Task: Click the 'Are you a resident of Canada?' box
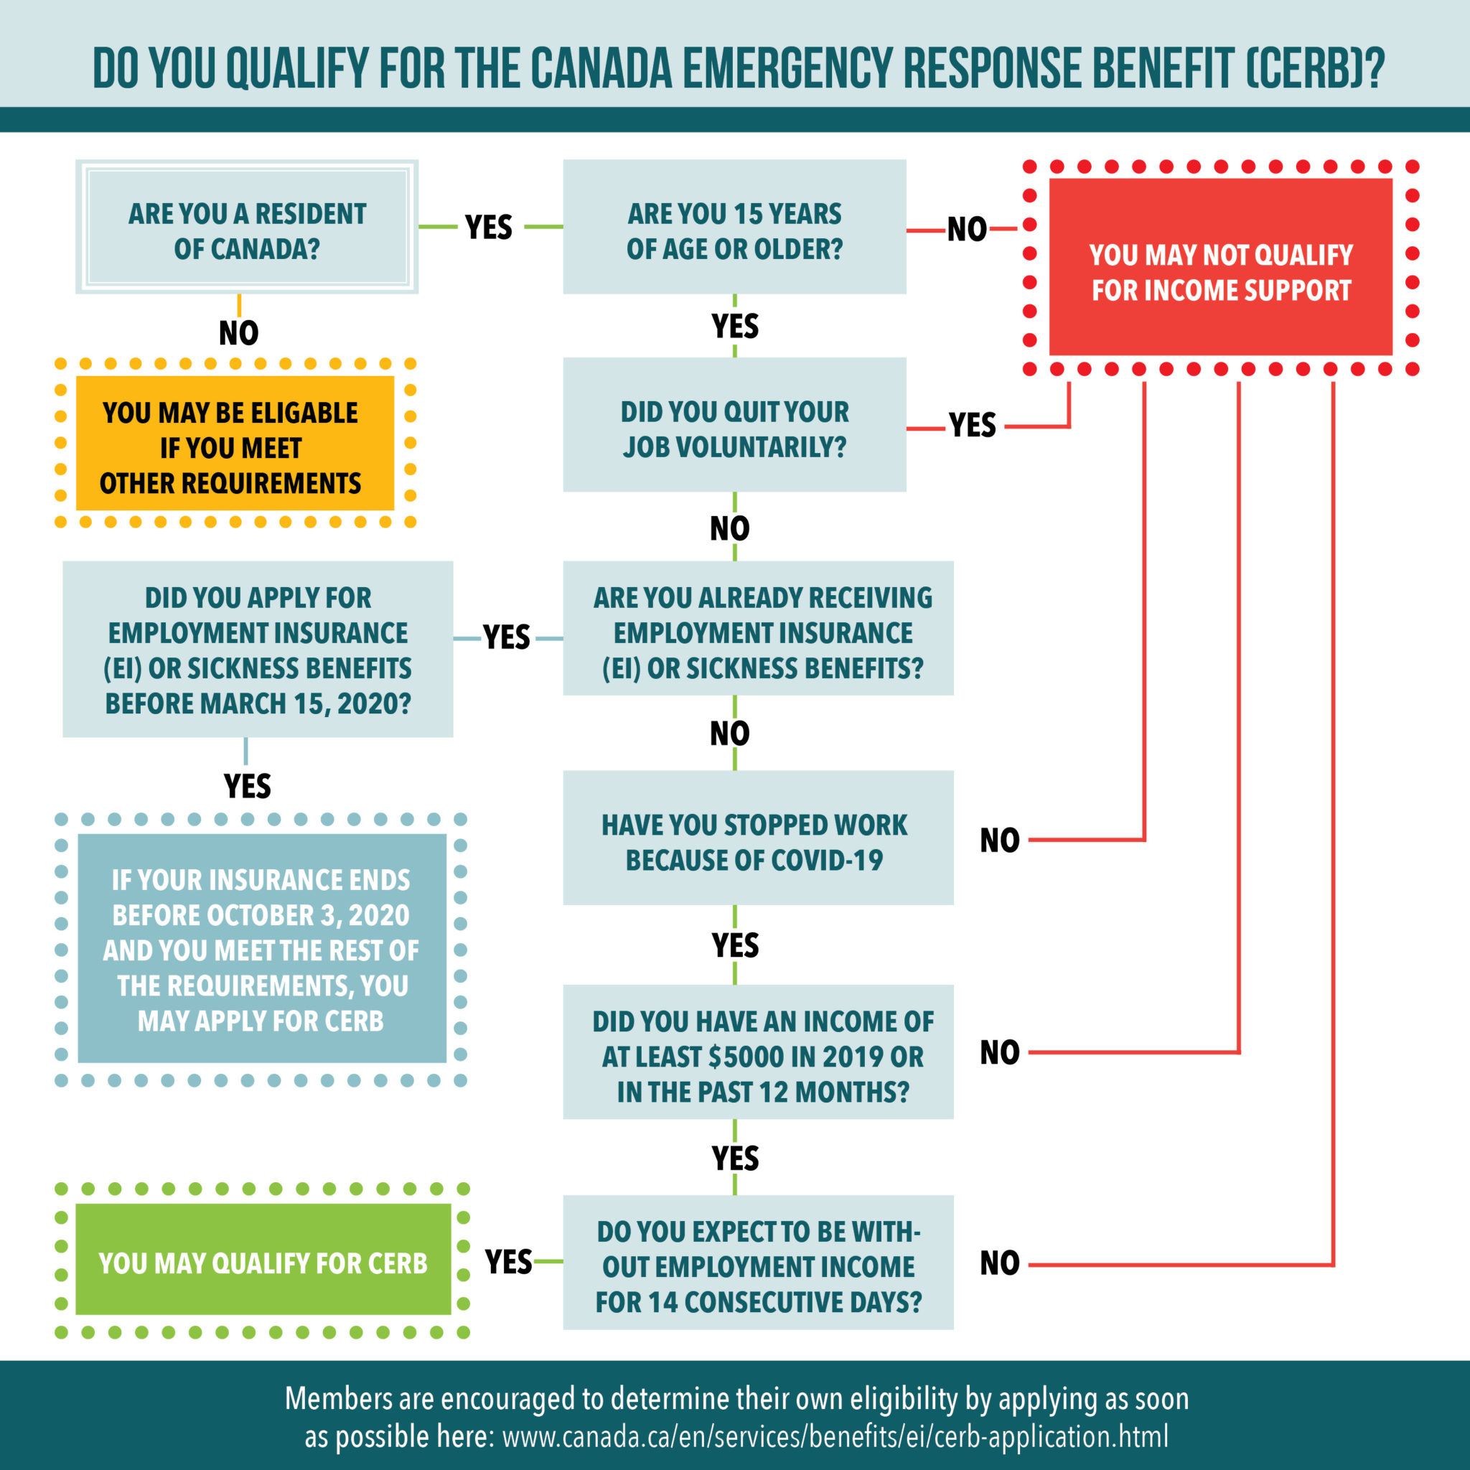click(246, 227)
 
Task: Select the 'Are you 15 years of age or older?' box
click(734, 227)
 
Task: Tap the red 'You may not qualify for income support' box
click(1220, 268)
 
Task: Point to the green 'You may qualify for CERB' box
click(263, 1263)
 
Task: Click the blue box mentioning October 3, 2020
click(262, 949)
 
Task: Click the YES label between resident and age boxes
click(489, 227)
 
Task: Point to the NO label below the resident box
click(238, 332)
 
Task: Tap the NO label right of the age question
click(966, 229)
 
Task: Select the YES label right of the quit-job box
click(972, 426)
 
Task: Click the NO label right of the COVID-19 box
click(999, 840)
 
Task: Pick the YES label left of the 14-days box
click(508, 1262)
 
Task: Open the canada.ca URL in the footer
click(835, 1436)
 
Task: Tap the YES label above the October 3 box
click(246, 785)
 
